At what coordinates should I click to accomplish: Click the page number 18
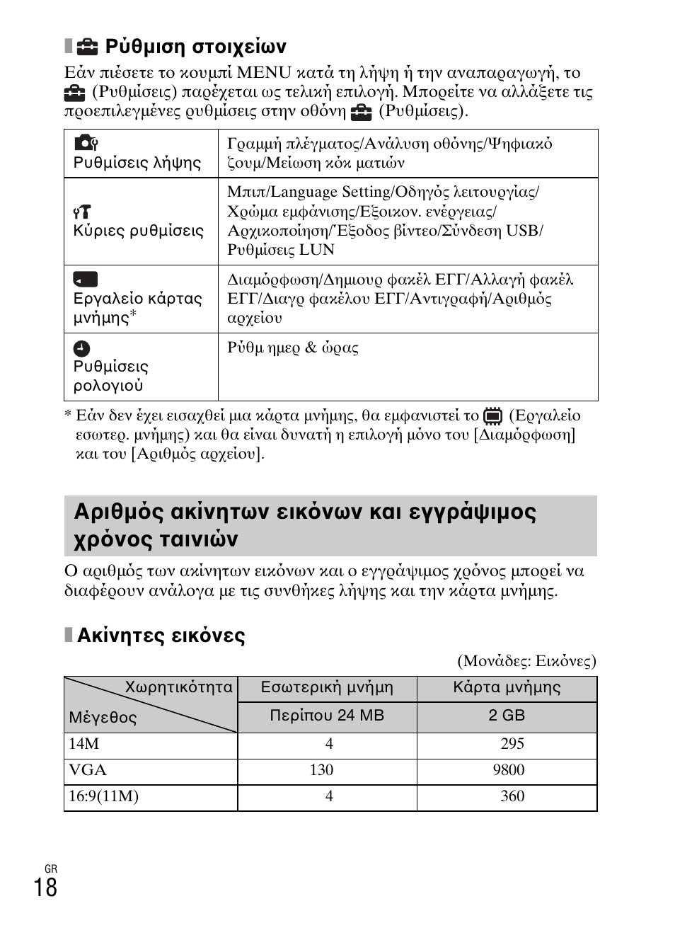(45, 887)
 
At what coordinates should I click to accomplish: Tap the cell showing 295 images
(512, 744)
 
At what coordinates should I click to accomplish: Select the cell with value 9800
(509, 770)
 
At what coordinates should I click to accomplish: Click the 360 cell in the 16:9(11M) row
(512, 796)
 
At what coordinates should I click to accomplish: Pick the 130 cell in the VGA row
(321, 770)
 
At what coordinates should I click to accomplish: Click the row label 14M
(83, 744)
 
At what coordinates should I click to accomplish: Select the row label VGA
(87, 770)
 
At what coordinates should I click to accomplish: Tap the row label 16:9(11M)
(103, 796)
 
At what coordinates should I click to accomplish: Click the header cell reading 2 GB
(507, 716)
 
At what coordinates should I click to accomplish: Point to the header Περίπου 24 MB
(327, 716)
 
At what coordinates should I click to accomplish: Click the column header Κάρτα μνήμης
(507, 687)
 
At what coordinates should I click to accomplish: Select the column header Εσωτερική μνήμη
(327, 687)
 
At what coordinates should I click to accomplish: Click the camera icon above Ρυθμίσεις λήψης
(85, 143)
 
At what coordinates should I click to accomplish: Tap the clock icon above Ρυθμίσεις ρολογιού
(82, 348)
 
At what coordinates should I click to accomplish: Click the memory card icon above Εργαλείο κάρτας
(85, 279)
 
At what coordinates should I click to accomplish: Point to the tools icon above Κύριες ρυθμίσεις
(82, 211)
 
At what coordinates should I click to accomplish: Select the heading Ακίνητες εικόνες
(161, 636)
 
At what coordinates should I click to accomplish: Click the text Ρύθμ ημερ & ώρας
(292, 348)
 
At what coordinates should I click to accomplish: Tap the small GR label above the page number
(50, 869)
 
